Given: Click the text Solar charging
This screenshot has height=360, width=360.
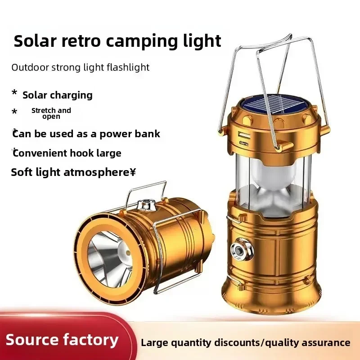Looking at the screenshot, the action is (x=58, y=95).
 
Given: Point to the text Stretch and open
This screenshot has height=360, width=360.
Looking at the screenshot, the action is (x=51, y=113).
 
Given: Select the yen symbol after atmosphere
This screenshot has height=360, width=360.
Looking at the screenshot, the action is (x=133, y=172).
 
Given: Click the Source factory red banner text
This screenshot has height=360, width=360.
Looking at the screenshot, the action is (x=62, y=340).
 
